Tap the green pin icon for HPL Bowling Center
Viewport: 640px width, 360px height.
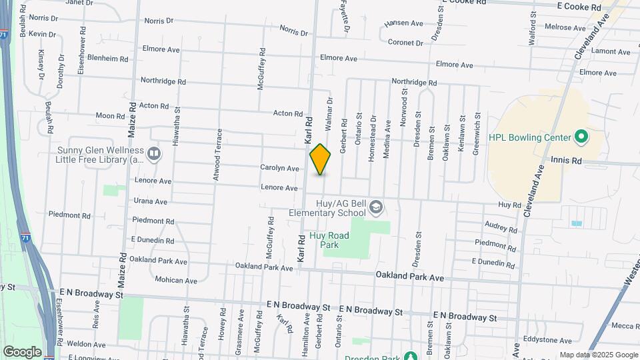[581, 137]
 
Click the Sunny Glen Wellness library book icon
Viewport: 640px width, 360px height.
[154, 155]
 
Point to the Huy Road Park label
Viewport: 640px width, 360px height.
[325, 240]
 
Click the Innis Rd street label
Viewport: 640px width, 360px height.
[567, 161]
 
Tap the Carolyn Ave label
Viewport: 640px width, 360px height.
[279, 169]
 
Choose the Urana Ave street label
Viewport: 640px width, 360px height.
[152, 201]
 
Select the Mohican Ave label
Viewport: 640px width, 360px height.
[176, 281]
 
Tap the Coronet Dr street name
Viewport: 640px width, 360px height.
[406, 43]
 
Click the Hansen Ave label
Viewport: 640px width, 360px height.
[404, 23]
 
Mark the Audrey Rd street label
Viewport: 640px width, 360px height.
[497, 226]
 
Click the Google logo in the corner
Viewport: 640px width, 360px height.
[22, 351]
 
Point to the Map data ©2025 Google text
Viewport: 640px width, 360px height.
[597, 355]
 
